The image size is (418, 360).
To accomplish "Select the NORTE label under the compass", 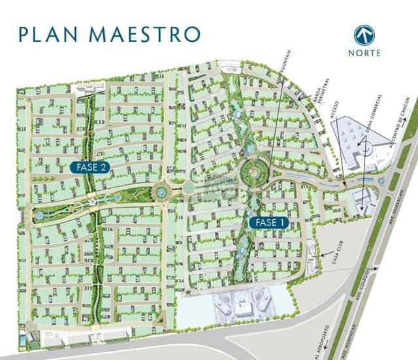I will [364, 53].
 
